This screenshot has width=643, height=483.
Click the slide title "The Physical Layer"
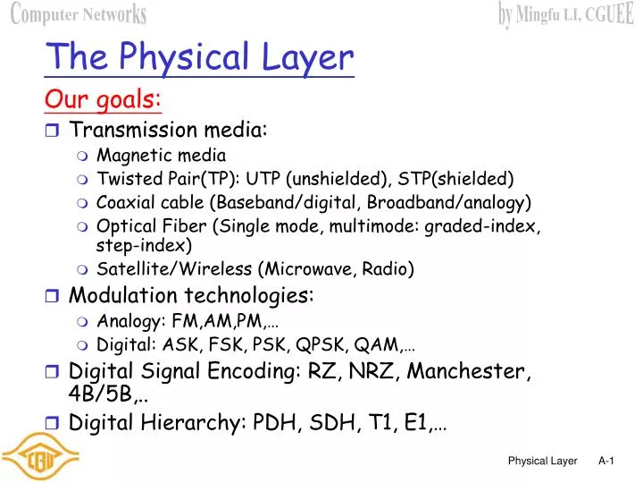point(200,57)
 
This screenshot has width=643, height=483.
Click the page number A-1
point(606,461)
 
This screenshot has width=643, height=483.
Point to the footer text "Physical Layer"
point(543,461)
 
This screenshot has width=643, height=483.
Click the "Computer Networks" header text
point(79,14)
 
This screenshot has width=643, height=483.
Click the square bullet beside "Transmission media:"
point(52,131)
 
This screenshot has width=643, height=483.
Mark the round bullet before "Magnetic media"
point(82,156)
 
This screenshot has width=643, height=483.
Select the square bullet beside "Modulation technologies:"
point(52,295)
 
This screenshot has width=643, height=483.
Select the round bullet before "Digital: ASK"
point(82,344)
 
